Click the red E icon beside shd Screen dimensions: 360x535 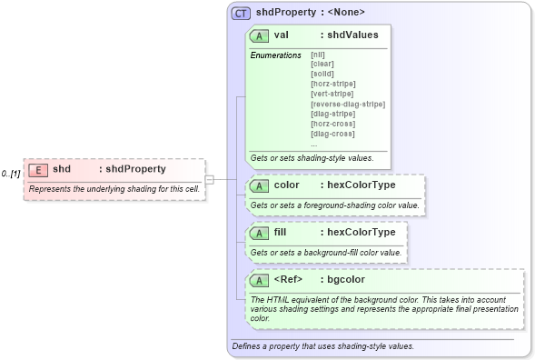tap(38, 169)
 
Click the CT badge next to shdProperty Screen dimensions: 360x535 tap(241, 13)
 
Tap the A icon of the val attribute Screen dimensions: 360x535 tap(259, 35)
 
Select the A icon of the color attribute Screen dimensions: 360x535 tap(259, 185)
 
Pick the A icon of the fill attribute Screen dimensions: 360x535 tap(259, 232)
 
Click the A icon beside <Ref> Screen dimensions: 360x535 tap(259, 279)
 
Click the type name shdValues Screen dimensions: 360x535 tap(353, 35)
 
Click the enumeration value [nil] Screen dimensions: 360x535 tap(318, 55)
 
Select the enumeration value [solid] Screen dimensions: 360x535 tap(323, 74)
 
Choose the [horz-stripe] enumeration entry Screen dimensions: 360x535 tap(332, 84)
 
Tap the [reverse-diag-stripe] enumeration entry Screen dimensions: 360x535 tap(347, 104)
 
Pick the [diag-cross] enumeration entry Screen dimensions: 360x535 tap(332, 134)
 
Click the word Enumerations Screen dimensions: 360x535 tap(275, 55)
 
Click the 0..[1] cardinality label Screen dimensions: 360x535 tap(11, 173)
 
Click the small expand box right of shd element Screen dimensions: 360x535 tap(209, 178)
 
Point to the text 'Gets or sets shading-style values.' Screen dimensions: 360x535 tap(312, 157)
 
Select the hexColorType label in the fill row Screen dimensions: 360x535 tap(361, 232)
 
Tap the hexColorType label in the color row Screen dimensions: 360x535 tap(361, 185)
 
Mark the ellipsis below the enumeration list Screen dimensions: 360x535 tap(313, 144)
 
